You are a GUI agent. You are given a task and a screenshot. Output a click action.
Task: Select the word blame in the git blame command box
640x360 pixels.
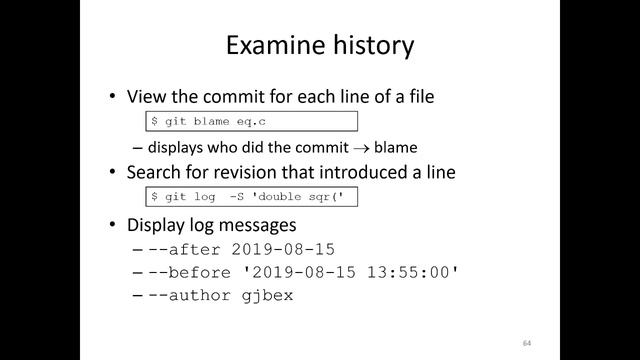[x=212, y=122]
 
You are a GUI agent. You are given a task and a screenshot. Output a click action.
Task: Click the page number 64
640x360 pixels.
[x=526, y=343]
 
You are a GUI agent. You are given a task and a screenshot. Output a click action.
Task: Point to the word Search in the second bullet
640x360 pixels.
[x=154, y=172]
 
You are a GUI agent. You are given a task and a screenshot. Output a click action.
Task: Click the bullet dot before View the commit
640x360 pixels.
[x=113, y=97]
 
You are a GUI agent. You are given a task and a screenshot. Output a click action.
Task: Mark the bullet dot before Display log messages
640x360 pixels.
[x=113, y=223]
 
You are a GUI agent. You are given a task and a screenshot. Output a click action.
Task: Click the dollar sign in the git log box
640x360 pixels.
[x=154, y=197]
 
